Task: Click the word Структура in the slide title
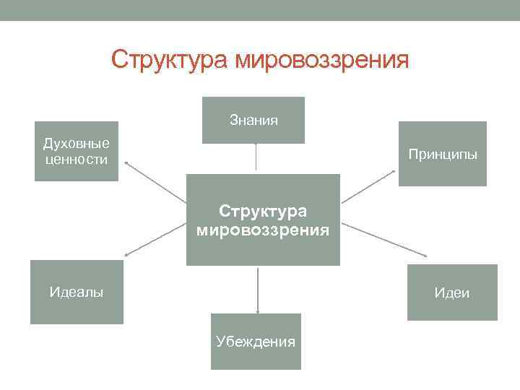(170, 60)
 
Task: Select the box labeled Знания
(253, 120)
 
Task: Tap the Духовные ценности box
(76, 151)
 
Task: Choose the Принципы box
(442, 154)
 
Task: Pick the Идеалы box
(77, 292)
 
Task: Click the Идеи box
(452, 292)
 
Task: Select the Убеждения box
(256, 342)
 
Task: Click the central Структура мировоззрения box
(263, 220)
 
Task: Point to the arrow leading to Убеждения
(258, 289)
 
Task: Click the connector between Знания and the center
(256, 157)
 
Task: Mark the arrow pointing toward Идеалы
(155, 240)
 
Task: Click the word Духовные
(76, 144)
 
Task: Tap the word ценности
(76, 159)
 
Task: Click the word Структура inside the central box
(263, 211)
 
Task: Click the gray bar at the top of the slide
(260, 10)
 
